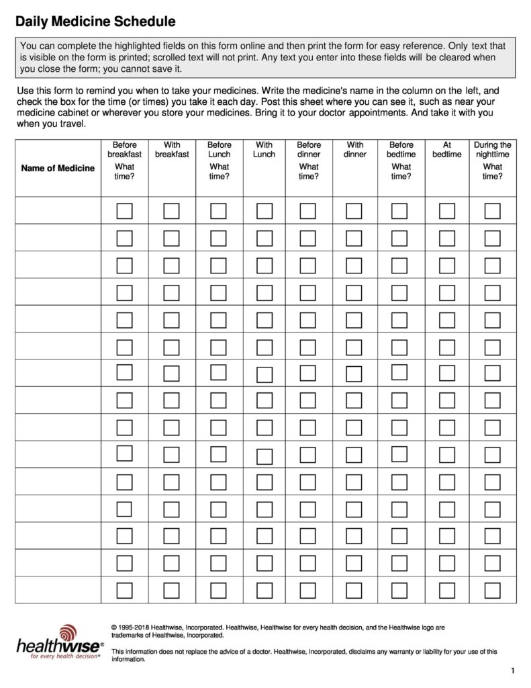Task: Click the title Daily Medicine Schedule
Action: click(95, 22)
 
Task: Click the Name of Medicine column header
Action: click(58, 168)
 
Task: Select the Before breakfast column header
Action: click(124, 150)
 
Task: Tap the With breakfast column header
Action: click(172, 150)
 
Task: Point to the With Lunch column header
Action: click(264, 150)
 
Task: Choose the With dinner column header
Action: click(355, 150)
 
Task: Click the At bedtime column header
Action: click(447, 150)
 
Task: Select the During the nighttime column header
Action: click(493, 150)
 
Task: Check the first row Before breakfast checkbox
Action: click(124, 211)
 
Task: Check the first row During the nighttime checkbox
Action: click(493, 211)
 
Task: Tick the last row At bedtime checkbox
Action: click(447, 591)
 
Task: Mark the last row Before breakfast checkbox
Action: click(124, 591)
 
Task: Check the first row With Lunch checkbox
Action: click(264, 211)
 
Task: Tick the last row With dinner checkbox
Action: click(354, 591)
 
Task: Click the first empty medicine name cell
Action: click(58, 210)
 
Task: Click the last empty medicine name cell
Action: click(58, 590)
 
